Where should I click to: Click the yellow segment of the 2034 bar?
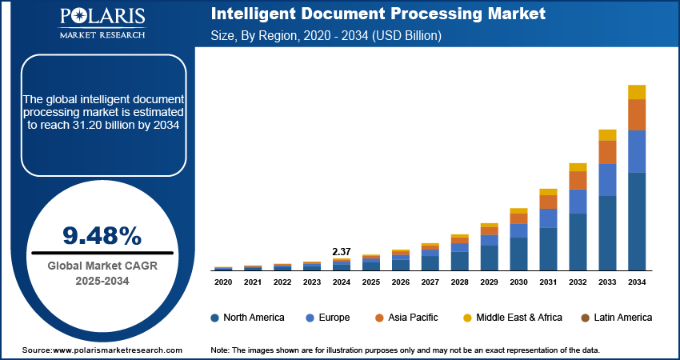637,92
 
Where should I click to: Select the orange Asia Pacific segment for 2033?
608,152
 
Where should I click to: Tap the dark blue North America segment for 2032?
578,242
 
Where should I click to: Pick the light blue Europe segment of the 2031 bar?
548,218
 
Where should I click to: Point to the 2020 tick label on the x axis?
223,282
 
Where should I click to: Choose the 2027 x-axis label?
430,282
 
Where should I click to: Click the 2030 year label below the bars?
518,282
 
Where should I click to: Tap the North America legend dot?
215,318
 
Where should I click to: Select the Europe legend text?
334,318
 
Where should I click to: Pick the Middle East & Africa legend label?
519,318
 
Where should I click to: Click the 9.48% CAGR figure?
102,235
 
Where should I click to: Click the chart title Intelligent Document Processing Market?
378,14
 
